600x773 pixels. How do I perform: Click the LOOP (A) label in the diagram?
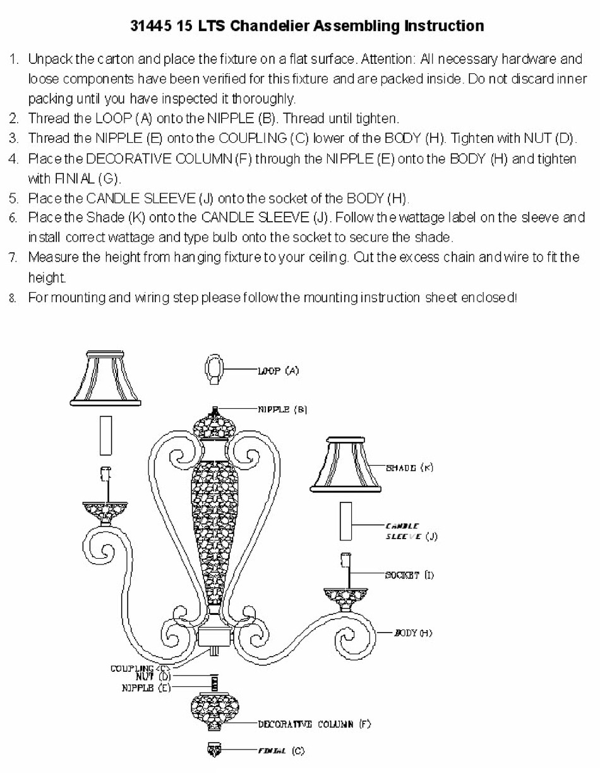coord(278,371)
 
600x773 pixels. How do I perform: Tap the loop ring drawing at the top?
coord(215,370)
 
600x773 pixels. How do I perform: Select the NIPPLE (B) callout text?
coord(282,410)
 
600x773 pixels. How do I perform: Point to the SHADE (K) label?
coord(409,468)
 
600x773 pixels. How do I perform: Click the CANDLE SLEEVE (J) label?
coord(411,531)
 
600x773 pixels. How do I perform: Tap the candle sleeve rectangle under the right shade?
coord(345,521)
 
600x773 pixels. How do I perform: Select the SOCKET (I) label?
coord(409,575)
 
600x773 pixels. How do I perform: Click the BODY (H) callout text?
coord(413,633)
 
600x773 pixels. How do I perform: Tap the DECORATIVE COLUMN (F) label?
coord(314,724)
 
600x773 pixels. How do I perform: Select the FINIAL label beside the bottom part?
coord(280,751)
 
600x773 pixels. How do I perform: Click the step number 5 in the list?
coord(13,198)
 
